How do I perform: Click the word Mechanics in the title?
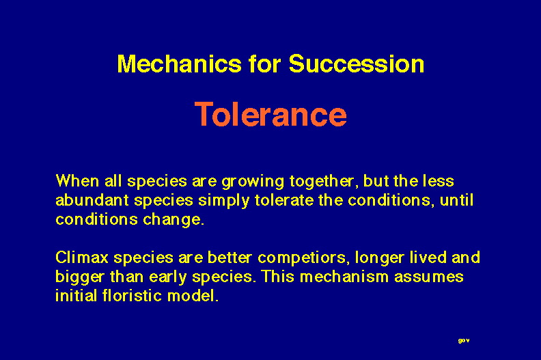click(x=180, y=64)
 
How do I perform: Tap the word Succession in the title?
click(x=357, y=64)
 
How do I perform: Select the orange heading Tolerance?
click(x=271, y=114)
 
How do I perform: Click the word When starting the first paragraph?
click(x=77, y=181)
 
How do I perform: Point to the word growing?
click(x=253, y=182)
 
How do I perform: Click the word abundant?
click(x=92, y=200)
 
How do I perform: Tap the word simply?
click(x=223, y=202)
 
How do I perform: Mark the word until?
click(x=456, y=200)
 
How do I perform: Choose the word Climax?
click(x=82, y=258)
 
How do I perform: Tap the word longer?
click(x=380, y=259)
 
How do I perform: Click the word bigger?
click(x=80, y=278)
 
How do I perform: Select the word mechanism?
click(x=344, y=277)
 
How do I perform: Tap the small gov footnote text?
click(x=464, y=341)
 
